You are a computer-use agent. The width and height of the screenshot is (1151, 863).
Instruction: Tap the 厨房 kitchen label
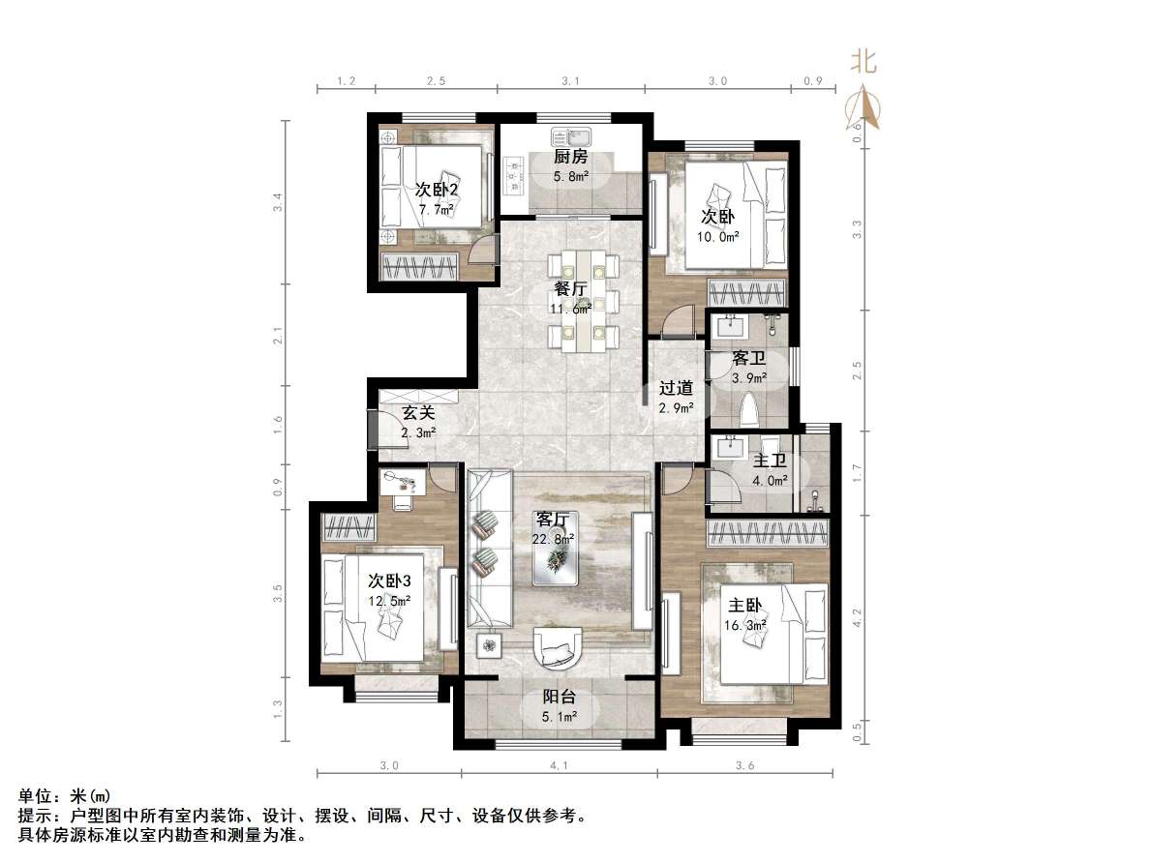click(570, 157)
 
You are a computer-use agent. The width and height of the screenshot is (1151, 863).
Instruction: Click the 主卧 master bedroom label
click(745, 606)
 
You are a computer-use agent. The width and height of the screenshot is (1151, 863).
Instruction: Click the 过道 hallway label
click(676, 388)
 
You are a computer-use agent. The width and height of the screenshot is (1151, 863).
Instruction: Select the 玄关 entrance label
click(419, 413)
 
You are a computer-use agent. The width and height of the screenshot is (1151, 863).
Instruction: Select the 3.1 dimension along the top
click(570, 82)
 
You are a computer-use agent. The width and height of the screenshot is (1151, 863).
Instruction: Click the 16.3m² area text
click(745, 626)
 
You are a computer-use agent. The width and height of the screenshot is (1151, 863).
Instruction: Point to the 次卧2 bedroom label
click(436, 189)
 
